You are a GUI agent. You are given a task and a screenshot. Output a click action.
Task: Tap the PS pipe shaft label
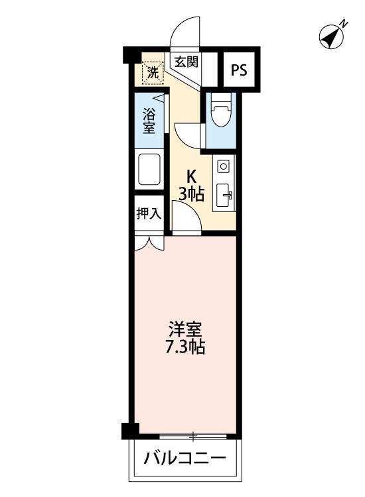[238, 70]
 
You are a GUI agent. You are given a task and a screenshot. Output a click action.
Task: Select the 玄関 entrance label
[186, 62]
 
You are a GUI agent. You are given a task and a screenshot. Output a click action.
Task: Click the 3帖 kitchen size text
[192, 194]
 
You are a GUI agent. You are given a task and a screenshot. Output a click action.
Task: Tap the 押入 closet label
[149, 213]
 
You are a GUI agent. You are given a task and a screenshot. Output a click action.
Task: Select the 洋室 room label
[184, 329]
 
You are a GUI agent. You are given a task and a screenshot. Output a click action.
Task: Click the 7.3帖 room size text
[184, 347]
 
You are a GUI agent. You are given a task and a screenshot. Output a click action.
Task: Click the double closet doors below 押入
[149, 242]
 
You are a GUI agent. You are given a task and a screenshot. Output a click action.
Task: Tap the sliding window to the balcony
[193, 437]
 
